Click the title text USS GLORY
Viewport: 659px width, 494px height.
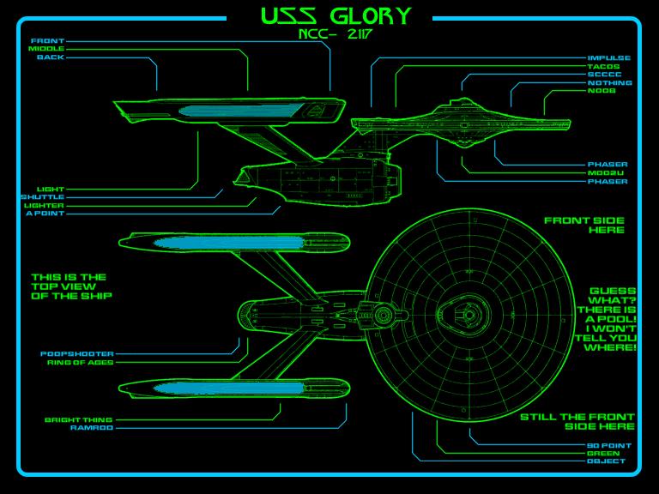pyautogui.click(x=336, y=16)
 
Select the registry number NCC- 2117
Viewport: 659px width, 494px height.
pyautogui.click(x=335, y=34)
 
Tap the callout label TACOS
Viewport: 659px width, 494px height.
pyautogui.click(x=603, y=66)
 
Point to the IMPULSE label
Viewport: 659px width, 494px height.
pyautogui.click(x=609, y=58)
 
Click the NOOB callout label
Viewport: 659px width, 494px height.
pyautogui.click(x=602, y=91)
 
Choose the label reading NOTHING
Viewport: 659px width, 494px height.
pyautogui.click(x=610, y=82)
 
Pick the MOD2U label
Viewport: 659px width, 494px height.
pyautogui.click(x=606, y=172)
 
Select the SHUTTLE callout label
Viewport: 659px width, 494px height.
pyautogui.click(x=43, y=197)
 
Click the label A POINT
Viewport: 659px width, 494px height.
pyautogui.click(x=45, y=214)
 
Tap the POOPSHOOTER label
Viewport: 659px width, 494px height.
pyautogui.click(x=77, y=353)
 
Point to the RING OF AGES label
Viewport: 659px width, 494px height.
pyautogui.click(x=81, y=362)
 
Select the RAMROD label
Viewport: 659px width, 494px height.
pyautogui.click(x=92, y=428)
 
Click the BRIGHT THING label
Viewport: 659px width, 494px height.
pyautogui.click(x=79, y=419)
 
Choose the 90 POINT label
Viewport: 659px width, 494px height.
pyautogui.click(x=609, y=445)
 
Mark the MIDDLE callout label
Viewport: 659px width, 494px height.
pyautogui.click(x=46, y=49)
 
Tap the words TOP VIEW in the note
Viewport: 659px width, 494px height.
pyautogui.click(x=63, y=286)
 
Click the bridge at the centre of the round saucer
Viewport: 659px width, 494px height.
pyautogui.click(x=469, y=315)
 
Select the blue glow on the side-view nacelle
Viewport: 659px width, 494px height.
pyautogui.click(x=241, y=111)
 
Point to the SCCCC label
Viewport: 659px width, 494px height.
pyautogui.click(x=604, y=75)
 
